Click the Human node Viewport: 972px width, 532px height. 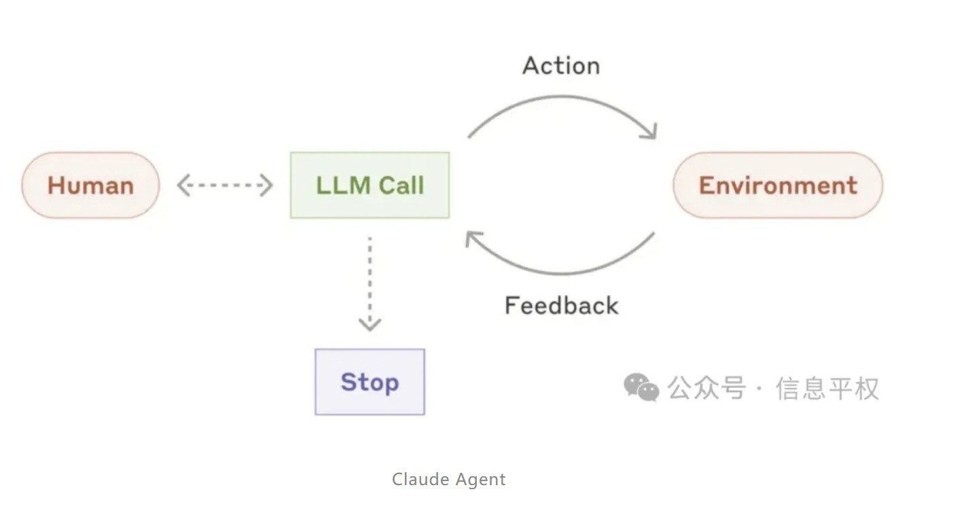click(90, 185)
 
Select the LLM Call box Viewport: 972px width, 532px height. click(370, 185)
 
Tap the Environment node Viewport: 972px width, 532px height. click(778, 185)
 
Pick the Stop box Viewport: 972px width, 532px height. click(370, 382)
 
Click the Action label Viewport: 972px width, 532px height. click(561, 66)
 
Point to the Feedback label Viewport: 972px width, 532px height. click(561, 306)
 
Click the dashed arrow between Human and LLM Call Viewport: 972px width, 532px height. click(225, 185)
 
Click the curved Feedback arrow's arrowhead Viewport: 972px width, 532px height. click(472, 238)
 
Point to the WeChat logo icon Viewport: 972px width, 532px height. click(641, 387)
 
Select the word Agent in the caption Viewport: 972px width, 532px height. click(480, 480)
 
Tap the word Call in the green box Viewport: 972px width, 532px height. click(401, 185)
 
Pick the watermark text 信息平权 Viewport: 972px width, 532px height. click(827, 389)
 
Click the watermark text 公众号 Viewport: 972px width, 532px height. click(706, 389)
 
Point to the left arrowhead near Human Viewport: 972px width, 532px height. click(183, 185)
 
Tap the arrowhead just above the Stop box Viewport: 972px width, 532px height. click(370, 323)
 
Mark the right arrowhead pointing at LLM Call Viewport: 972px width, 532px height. click(267, 185)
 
